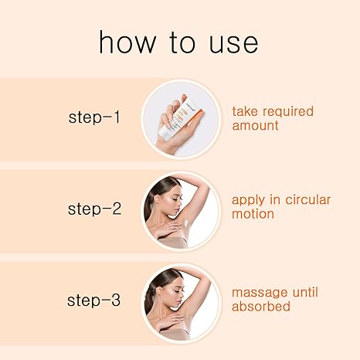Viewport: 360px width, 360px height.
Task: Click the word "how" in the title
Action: click(x=127, y=42)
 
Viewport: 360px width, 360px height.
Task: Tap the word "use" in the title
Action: click(x=233, y=44)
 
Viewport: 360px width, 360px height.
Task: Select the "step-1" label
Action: click(x=94, y=117)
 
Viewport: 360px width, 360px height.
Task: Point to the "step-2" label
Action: click(x=94, y=209)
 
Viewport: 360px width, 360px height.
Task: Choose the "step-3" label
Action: click(x=93, y=301)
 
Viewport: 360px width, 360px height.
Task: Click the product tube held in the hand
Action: click(x=181, y=117)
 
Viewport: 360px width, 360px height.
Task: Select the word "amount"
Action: click(x=255, y=126)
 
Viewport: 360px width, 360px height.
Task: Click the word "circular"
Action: click(x=307, y=200)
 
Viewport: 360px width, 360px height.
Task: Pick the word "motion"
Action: click(x=253, y=214)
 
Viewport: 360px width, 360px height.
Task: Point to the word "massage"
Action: click(x=260, y=294)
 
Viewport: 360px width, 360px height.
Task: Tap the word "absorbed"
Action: click(x=261, y=306)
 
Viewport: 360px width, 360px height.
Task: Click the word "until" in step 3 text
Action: click(x=305, y=292)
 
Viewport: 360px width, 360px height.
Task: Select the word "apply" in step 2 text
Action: click(x=248, y=201)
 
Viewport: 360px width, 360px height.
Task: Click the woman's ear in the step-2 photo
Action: click(x=156, y=199)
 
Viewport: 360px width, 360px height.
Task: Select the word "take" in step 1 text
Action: click(x=245, y=111)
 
